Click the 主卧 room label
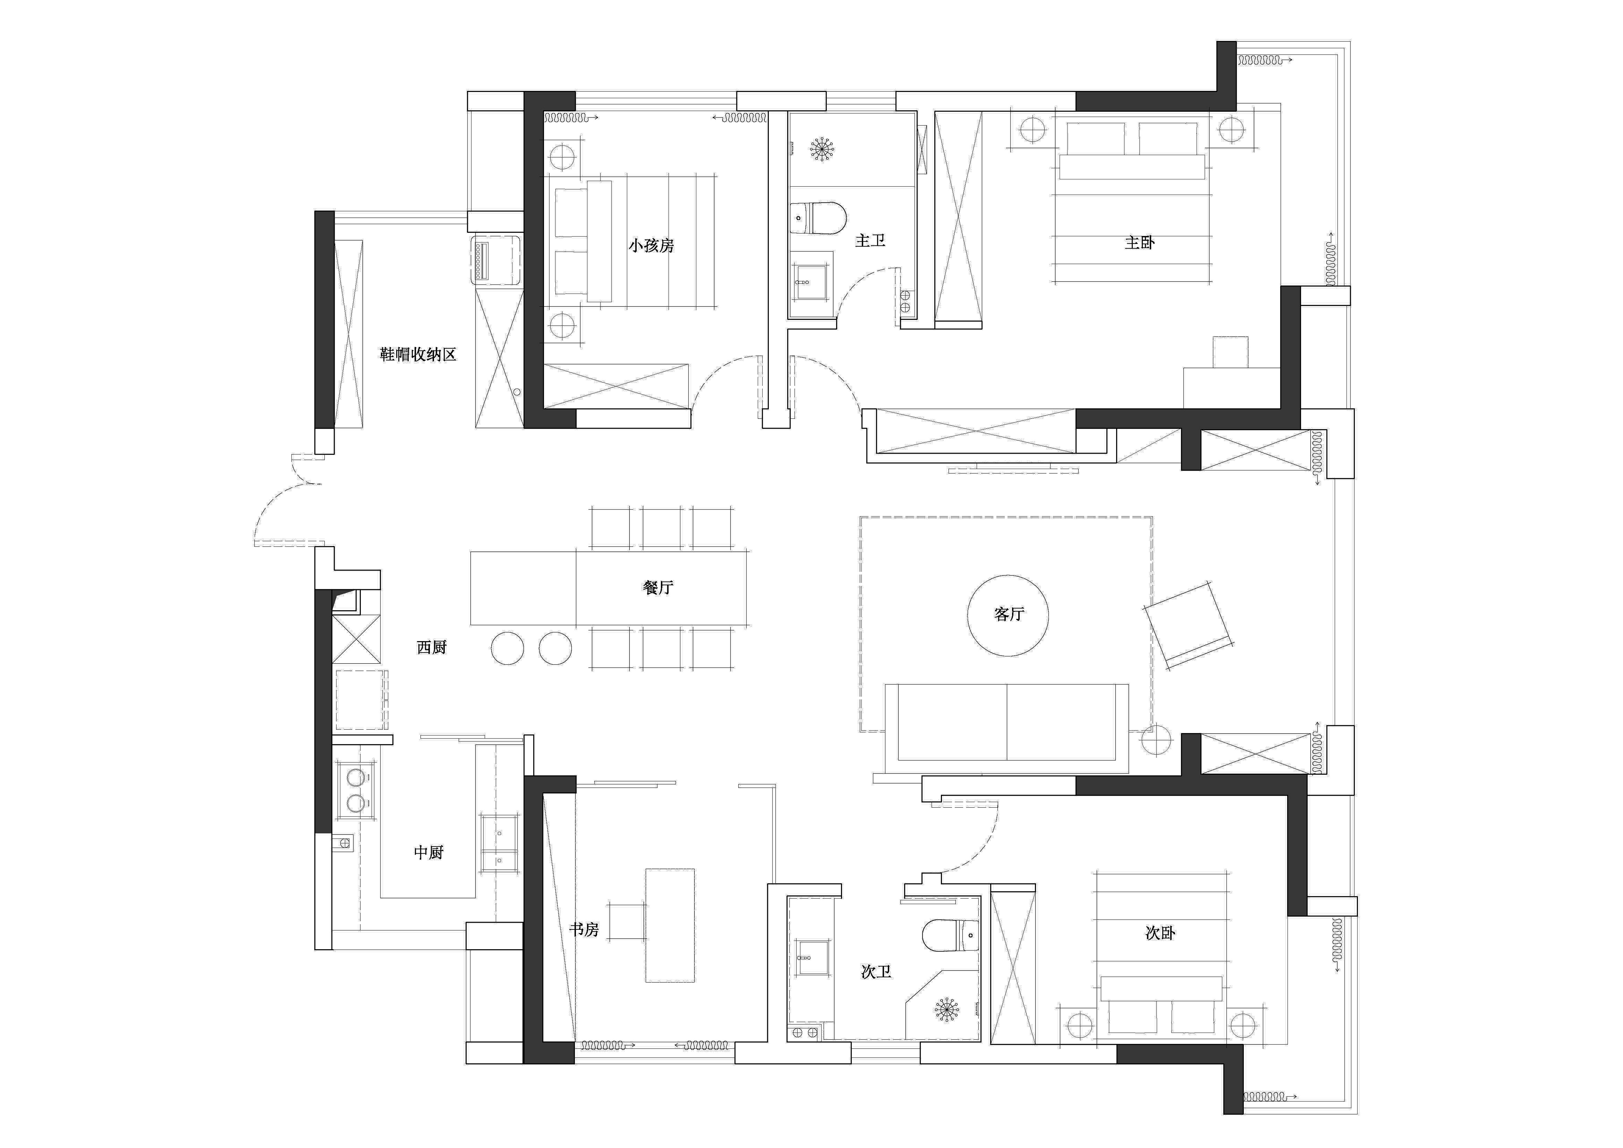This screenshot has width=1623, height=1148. [1140, 242]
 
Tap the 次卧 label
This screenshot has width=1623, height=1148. [1160, 933]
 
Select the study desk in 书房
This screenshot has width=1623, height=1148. [669, 925]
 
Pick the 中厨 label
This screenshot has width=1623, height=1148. [428, 853]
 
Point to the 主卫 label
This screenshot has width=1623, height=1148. [870, 240]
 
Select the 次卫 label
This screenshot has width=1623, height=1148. [876, 972]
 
